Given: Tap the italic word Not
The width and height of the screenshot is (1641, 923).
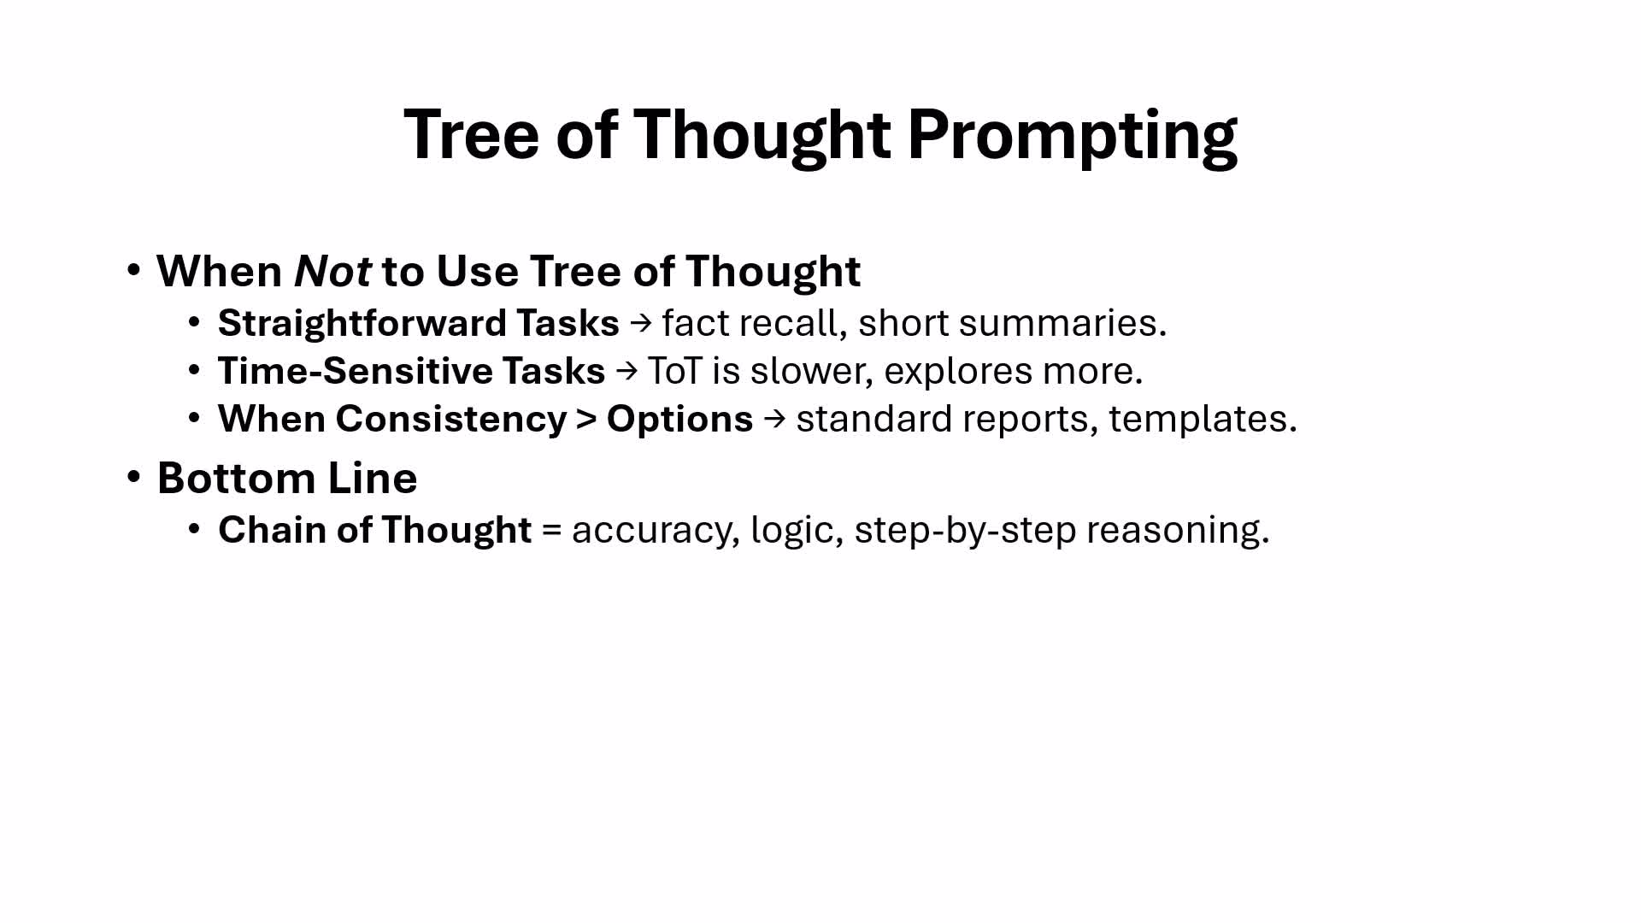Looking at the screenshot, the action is pyautogui.click(x=332, y=271).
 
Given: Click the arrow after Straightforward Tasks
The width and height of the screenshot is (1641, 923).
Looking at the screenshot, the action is pyautogui.click(x=640, y=323).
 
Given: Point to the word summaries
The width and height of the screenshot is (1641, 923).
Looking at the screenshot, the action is pyautogui.click(x=1062, y=323).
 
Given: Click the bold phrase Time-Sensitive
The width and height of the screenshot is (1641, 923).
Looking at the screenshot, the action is pyautogui.click(x=354, y=371).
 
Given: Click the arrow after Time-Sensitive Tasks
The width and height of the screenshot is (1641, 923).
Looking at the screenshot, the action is pyautogui.click(x=626, y=371).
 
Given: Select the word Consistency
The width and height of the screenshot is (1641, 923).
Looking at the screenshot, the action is pyautogui.click(x=451, y=419).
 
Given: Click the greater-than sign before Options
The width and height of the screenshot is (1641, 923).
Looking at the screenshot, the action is pyautogui.click(x=586, y=420).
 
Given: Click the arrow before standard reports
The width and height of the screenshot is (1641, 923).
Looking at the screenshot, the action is pyautogui.click(x=774, y=419).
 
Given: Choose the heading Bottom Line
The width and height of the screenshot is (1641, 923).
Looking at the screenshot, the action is pyautogui.click(x=287, y=478).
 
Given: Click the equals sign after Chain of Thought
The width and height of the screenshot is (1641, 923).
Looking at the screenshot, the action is pyautogui.click(x=552, y=531).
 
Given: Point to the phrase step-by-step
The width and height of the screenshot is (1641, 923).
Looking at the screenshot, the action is pyautogui.click(x=965, y=531).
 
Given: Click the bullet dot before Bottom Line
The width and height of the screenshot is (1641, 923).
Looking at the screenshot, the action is pyautogui.click(x=133, y=476).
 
